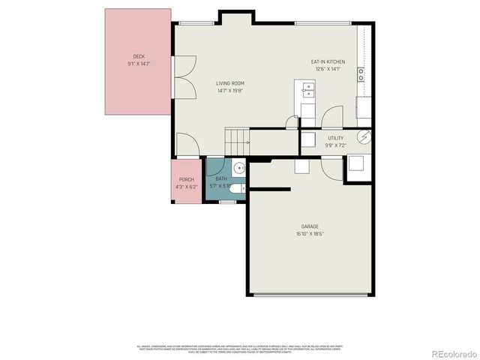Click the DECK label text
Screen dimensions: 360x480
[x=139, y=57]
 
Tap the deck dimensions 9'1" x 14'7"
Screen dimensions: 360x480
[x=139, y=64]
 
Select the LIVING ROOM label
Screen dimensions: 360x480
[x=230, y=83]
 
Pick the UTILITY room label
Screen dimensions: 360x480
[x=335, y=139]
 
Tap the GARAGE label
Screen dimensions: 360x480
[x=310, y=226]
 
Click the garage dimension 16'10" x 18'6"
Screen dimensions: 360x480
[x=310, y=234]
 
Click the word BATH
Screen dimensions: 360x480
[x=221, y=178]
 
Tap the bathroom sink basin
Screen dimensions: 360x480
[x=238, y=168]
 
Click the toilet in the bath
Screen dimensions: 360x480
[x=235, y=188]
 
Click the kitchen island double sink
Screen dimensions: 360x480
[x=308, y=91]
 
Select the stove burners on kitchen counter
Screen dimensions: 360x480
[x=361, y=74]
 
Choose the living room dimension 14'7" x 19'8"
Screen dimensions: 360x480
[x=230, y=91]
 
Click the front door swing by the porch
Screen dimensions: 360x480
[x=187, y=145]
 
